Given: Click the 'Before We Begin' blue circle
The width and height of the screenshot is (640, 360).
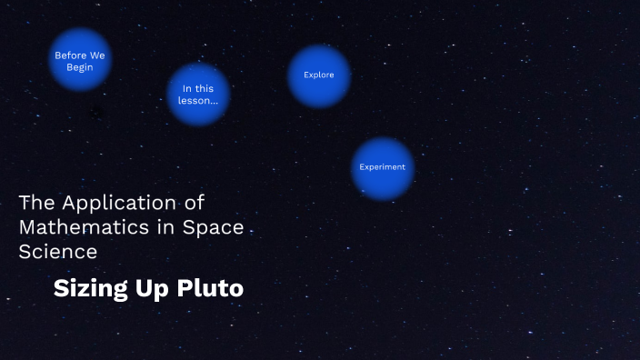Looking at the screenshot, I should (80, 60).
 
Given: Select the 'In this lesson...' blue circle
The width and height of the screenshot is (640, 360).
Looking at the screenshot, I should (198, 95).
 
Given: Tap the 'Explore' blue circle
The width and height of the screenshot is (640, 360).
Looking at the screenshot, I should (319, 75).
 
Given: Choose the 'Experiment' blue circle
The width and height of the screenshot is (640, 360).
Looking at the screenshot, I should (383, 168).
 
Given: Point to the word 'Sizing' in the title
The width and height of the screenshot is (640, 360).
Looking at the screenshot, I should (87, 289).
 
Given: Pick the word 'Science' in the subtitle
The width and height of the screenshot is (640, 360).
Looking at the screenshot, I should (58, 251).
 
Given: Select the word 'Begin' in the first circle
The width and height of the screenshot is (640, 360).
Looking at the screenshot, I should (80, 67).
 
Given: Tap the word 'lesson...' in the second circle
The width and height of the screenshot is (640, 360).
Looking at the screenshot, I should (198, 101).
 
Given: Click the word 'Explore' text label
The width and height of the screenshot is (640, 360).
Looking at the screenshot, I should (319, 75).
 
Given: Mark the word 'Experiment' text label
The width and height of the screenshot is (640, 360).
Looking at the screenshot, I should (383, 168).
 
